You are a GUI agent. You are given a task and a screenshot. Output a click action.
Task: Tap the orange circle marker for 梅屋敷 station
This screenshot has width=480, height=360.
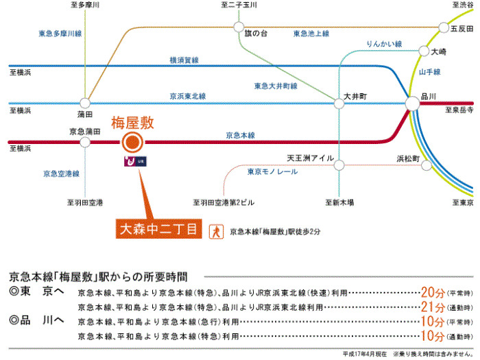(132, 143)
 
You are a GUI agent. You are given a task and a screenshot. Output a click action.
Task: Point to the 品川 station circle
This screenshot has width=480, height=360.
(413, 103)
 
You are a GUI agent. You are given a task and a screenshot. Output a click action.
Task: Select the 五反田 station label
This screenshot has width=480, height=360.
(461, 29)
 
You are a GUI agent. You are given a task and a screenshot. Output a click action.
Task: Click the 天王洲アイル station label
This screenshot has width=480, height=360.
(310, 158)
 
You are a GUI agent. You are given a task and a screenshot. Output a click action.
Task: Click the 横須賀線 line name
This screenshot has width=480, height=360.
(184, 61)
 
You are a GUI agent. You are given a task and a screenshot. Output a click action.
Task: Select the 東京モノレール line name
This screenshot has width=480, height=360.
(273, 171)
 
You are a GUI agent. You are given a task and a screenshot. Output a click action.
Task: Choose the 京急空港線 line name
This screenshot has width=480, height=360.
(61, 173)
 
